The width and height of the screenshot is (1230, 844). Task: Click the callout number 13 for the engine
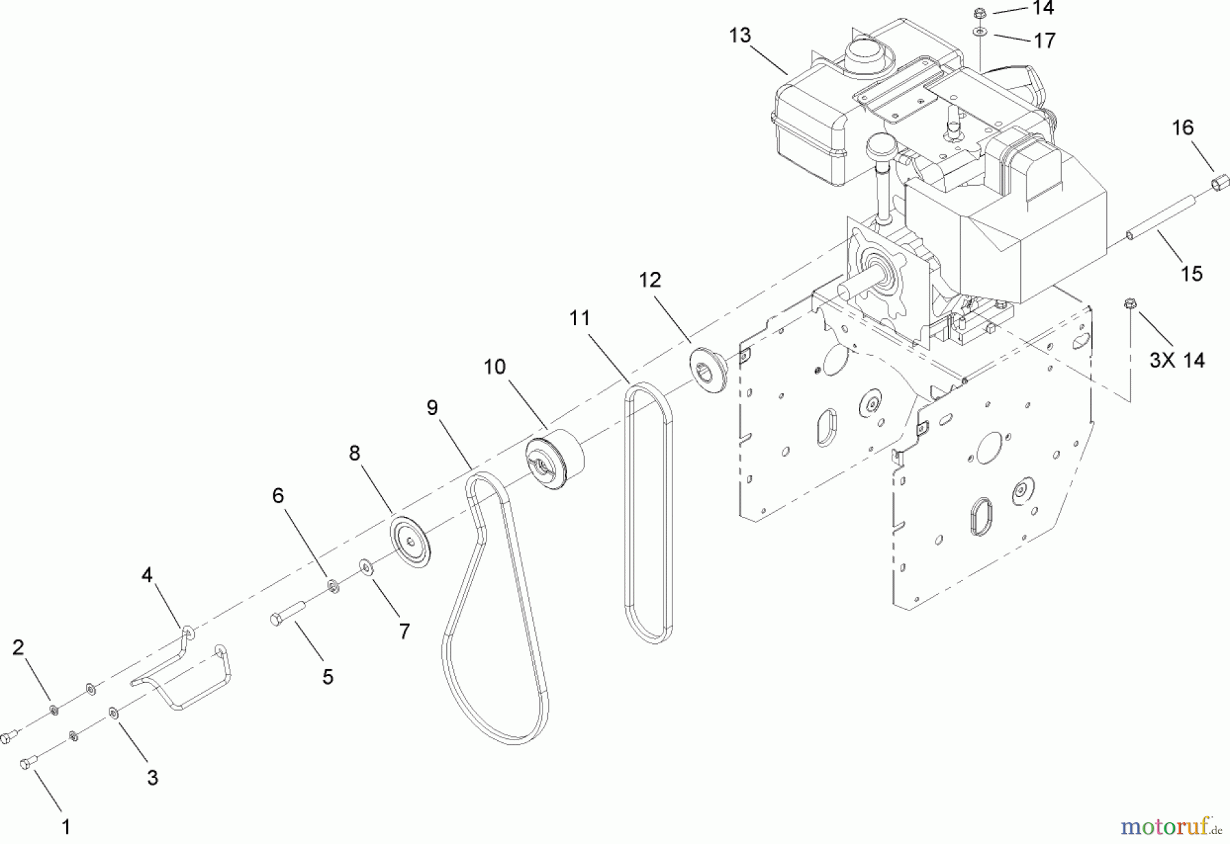point(739,36)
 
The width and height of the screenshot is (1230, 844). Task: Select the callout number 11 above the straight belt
point(579,318)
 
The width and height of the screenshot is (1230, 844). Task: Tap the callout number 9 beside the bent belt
point(432,408)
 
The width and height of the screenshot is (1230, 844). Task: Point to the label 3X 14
point(1177,360)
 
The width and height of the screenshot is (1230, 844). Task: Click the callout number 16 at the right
point(1183,128)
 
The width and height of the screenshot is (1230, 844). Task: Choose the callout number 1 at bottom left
point(66,827)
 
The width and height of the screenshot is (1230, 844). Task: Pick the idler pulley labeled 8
point(410,542)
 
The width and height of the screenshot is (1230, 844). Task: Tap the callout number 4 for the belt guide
point(147,575)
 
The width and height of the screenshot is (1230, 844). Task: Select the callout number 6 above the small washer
point(277,495)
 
